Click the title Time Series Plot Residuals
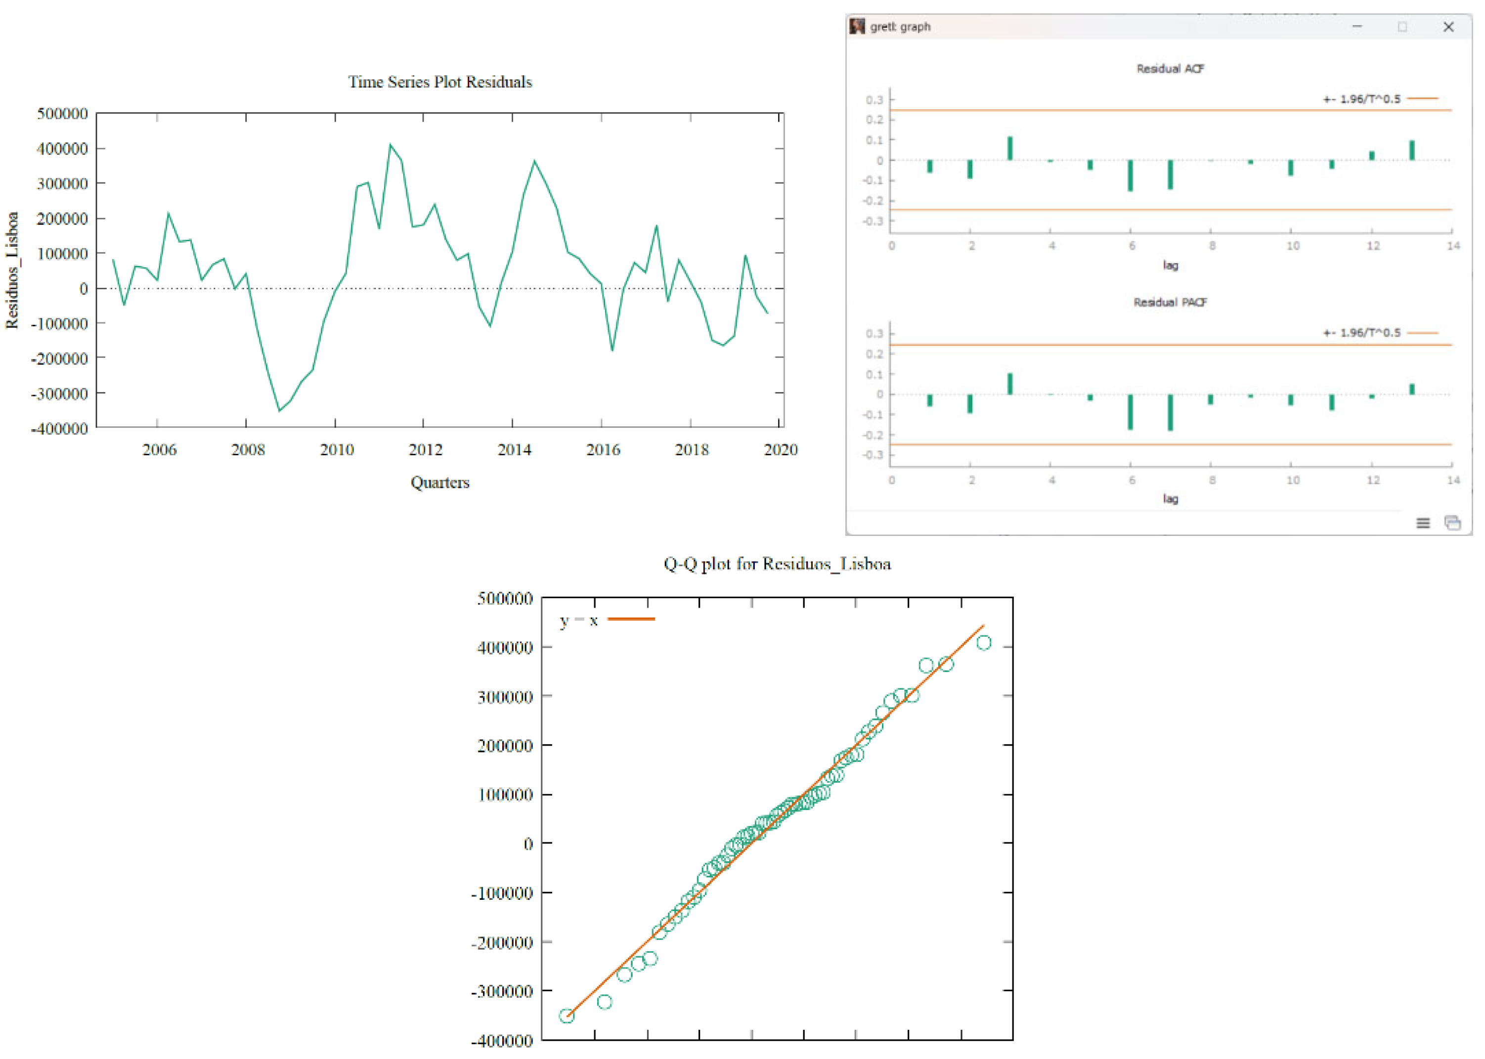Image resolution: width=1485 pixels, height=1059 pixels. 440,82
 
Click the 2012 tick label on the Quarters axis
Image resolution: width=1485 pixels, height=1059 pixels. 425,450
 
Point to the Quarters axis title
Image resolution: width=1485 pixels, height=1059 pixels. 440,483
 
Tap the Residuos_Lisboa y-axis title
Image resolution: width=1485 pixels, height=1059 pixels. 12,270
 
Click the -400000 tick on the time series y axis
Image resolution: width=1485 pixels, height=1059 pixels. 59,429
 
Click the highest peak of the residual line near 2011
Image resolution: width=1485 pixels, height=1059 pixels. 391,145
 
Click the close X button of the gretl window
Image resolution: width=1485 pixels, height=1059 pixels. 1448,27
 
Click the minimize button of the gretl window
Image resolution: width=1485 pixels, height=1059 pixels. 1357,27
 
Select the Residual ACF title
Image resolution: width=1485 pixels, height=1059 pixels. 1170,68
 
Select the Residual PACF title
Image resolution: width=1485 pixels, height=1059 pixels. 1170,302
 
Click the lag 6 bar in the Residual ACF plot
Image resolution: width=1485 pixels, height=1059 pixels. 1131,176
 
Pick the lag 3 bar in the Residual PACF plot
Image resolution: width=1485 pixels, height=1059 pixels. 1010,384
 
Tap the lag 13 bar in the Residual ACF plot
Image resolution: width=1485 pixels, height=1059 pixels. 1412,150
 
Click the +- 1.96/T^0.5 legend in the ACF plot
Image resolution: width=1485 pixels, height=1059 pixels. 1362,99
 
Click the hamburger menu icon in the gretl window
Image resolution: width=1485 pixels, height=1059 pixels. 1423,523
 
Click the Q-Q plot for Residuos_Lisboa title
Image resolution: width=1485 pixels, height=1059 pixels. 777,564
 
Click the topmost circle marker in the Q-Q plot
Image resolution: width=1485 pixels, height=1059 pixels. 984,643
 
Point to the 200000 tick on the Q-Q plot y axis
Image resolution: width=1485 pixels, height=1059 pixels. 505,746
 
